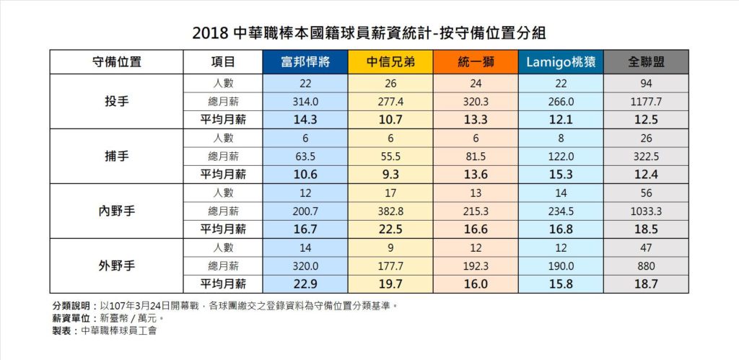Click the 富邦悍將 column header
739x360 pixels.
click(306, 62)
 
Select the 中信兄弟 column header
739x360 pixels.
click(390, 62)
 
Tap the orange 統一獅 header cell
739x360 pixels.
click(475, 62)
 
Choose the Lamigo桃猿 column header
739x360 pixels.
click(560, 62)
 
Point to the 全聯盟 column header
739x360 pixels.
click(645, 62)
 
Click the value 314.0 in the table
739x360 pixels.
click(306, 102)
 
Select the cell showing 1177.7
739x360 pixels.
click(645, 102)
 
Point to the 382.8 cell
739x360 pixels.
click(390, 211)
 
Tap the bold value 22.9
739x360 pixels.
click(306, 284)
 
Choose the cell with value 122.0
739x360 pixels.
click(560, 156)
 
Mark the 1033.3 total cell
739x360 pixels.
click(645, 211)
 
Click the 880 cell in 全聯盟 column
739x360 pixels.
click(645, 265)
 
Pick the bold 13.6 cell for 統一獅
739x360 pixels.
click(475, 175)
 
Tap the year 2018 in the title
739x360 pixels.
click(209, 32)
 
